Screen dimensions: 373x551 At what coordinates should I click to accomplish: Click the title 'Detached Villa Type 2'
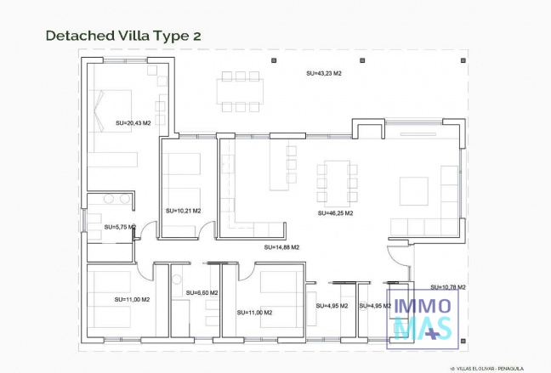point(122,36)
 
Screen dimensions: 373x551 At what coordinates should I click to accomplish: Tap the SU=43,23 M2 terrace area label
point(323,74)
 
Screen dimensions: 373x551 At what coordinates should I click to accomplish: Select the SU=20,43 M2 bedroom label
point(133,123)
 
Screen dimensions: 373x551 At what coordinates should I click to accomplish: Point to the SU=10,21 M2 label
point(183,210)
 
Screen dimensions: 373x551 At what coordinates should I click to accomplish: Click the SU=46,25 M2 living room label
point(335,213)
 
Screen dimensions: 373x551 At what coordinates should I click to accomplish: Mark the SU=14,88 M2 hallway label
point(281,246)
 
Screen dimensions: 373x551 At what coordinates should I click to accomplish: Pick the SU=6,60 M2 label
point(202,293)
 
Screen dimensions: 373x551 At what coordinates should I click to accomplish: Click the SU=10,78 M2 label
point(447,287)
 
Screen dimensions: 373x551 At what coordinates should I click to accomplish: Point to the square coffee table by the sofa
point(414,191)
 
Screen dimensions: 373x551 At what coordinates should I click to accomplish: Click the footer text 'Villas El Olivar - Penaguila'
point(497,367)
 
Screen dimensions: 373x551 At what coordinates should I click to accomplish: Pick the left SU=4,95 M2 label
point(331,306)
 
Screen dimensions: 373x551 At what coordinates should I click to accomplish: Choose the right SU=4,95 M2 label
point(374,306)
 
